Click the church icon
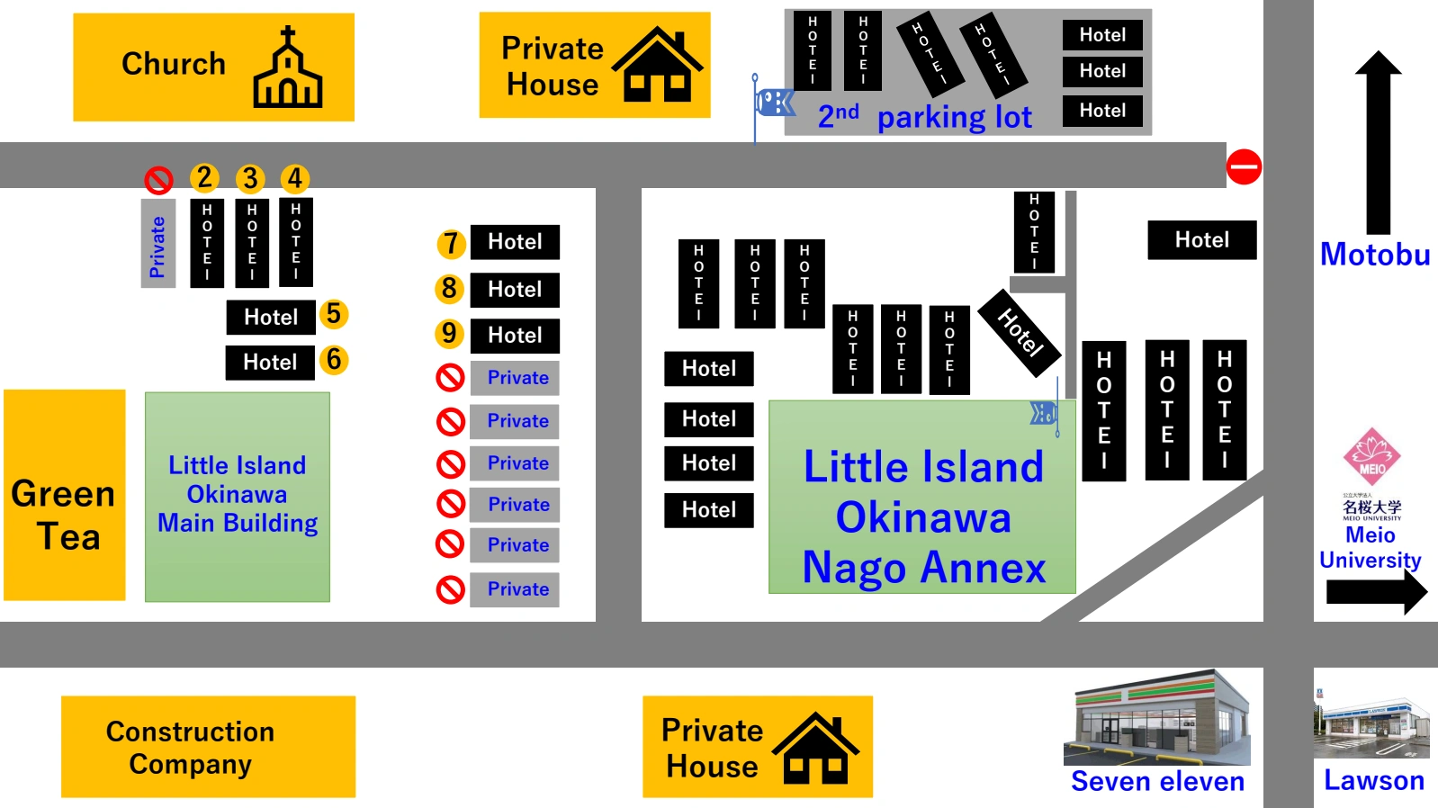[287, 67]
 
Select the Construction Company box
[208, 746]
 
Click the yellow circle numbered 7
[451, 243]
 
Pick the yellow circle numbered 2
[204, 177]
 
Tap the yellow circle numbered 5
[333, 314]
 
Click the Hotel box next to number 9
[515, 336]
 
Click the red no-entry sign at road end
[1244, 166]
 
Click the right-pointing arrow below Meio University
[1376, 593]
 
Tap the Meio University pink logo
[1371, 457]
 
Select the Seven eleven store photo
[1157, 717]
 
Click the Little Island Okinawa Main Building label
[238, 495]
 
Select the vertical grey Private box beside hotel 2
[157, 244]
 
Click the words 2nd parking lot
[924, 117]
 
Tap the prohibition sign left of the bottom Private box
[450, 589]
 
